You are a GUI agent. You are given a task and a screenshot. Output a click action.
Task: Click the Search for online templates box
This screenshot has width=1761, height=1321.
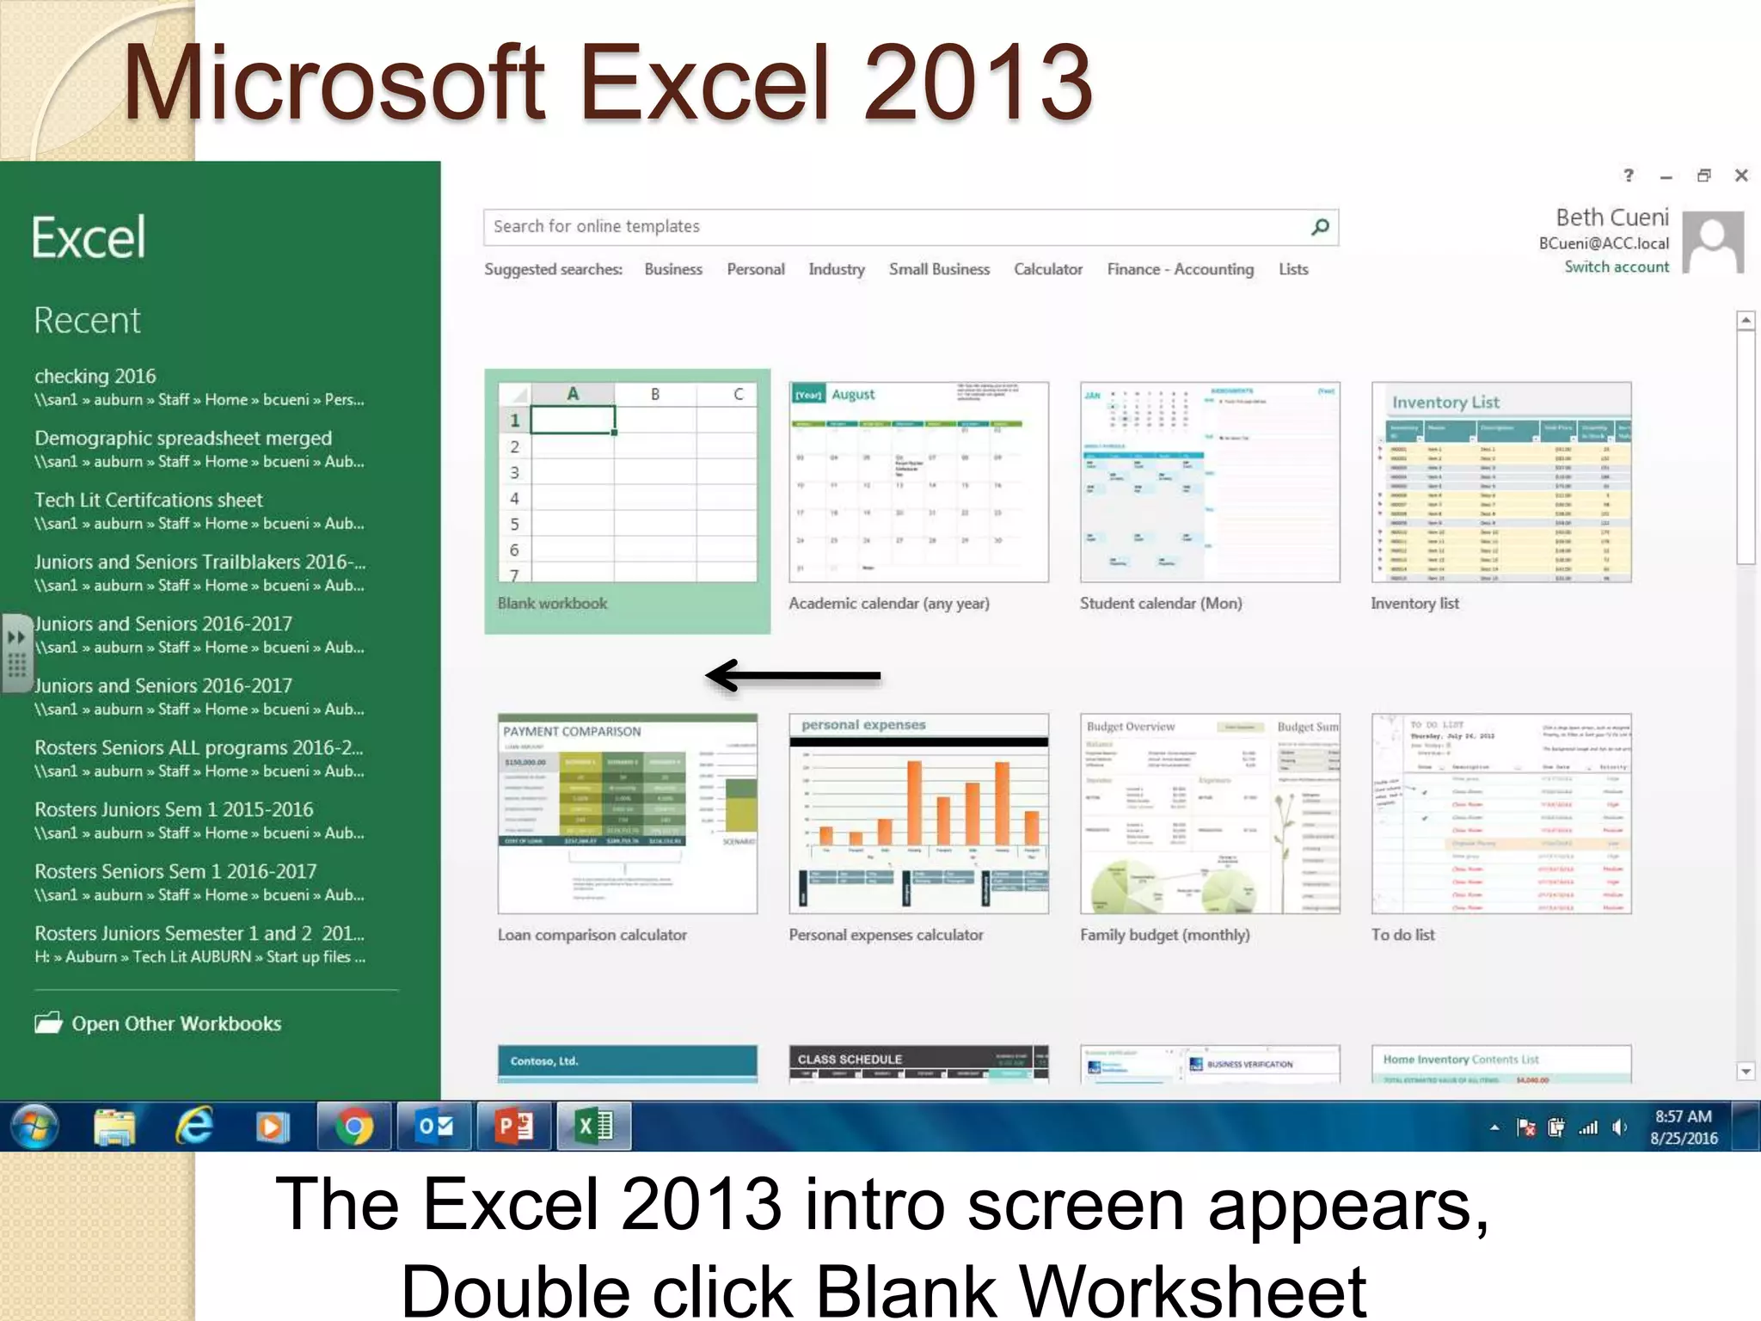point(894,226)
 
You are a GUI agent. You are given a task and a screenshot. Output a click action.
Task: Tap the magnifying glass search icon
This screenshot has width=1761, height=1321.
point(1320,226)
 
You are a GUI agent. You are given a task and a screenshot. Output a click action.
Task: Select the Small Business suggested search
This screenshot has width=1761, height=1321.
point(939,269)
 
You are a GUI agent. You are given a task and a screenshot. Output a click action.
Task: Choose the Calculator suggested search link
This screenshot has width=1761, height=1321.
point(1047,269)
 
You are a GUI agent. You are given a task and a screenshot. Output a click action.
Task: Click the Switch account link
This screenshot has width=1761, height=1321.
point(1616,267)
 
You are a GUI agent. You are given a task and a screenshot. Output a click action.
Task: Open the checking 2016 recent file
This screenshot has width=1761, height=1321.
point(95,376)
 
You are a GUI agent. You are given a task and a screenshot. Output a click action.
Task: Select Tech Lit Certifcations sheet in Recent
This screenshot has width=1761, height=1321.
point(149,500)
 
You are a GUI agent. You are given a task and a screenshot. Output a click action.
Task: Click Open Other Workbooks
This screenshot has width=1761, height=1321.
point(175,1023)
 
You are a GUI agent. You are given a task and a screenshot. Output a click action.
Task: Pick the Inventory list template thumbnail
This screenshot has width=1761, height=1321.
point(1500,482)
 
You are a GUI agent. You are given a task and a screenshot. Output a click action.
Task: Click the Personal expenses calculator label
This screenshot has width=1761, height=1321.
point(886,935)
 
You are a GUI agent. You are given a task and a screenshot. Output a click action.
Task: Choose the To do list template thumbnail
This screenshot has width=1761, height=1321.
point(1500,814)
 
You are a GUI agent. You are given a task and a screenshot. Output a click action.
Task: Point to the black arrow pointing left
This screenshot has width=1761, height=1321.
point(793,676)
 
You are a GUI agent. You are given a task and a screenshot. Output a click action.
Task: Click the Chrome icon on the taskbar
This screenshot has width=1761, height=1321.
point(353,1127)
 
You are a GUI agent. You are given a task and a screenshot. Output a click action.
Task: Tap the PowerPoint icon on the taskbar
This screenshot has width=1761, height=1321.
point(514,1127)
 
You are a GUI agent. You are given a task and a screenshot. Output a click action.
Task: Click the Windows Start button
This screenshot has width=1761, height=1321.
point(34,1127)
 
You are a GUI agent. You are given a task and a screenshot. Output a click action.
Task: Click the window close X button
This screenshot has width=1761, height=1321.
point(1741,175)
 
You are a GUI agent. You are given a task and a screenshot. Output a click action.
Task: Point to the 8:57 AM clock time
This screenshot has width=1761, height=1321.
point(1683,1116)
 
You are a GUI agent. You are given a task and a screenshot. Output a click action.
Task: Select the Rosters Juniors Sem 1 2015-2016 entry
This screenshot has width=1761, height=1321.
point(174,809)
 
